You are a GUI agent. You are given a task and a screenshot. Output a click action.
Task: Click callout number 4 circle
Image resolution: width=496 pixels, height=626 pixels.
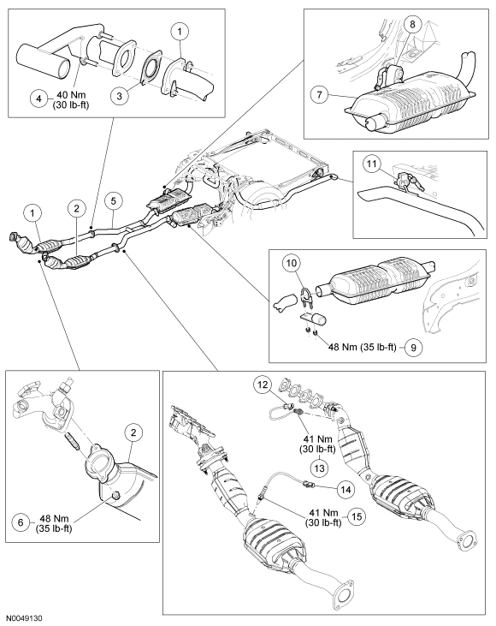pyautogui.click(x=39, y=98)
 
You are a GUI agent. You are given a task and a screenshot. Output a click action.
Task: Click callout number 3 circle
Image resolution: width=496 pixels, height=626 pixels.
pyautogui.click(x=120, y=96)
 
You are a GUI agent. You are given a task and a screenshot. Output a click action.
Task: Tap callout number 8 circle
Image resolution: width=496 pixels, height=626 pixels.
pyautogui.click(x=412, y=24)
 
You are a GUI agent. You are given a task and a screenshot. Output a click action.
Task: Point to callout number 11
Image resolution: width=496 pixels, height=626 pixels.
pyautogui.click(x=372, y=164)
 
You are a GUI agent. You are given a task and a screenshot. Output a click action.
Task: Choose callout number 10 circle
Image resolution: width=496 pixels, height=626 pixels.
pyautogui.click(x=292, y=263)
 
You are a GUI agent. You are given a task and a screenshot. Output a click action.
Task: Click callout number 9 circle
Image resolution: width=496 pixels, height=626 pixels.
pyautogui.click(x=413, y=348)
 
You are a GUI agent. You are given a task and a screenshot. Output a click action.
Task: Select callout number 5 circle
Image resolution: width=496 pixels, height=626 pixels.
pyautogui.click(x=114, y=200)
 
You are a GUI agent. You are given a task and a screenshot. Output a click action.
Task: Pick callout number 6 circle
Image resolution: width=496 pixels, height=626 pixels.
pyautogui.click(x=21, y=522)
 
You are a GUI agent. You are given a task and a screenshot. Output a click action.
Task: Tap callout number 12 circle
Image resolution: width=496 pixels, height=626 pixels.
pyautogui.click(x=263, y=385)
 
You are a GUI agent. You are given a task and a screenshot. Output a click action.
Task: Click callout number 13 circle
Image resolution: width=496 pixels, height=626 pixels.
pyautogui.click(x=320, y=468)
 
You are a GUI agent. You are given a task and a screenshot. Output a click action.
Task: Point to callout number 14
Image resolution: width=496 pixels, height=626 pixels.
pyautogui.click(x=346, y=488)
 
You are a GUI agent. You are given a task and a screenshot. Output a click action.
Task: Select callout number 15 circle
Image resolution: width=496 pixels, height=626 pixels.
pyautogui.click(x=357, y=516)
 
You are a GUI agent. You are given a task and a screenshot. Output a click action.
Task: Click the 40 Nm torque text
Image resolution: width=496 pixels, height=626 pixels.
pyautogui.click(x=72, y=96)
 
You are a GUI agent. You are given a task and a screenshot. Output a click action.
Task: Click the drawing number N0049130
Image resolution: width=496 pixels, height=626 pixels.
pyautogui.click(x=24, y=618)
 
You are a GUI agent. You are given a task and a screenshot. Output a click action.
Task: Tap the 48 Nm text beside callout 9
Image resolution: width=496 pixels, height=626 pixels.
pyautogui.click(x=342, y=348)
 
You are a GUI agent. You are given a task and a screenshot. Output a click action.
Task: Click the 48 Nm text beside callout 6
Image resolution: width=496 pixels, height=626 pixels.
pyautogui.click(x=54, y=518)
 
